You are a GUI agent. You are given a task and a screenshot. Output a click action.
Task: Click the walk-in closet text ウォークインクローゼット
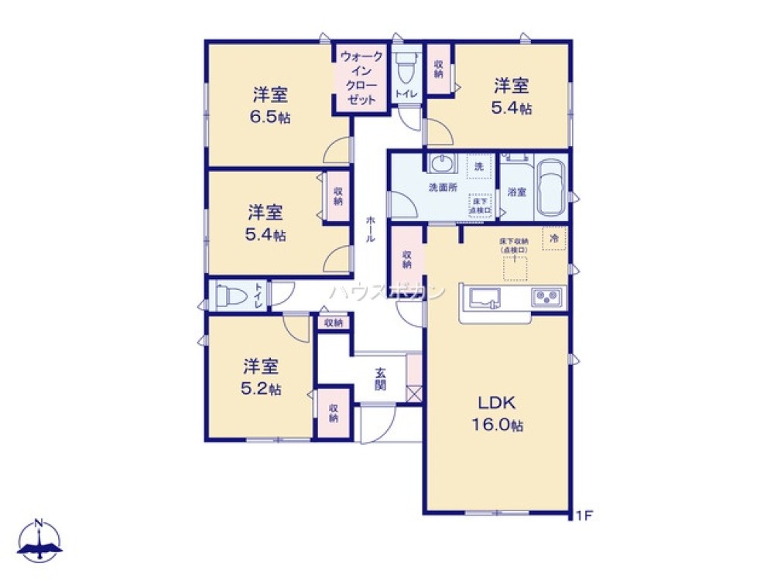tap(361, 78)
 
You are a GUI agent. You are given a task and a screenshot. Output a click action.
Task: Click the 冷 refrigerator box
tap(554, 239)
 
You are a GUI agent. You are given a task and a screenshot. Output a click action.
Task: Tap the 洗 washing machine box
tap(479, 166)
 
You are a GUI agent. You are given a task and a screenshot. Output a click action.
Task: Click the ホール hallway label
tap(371, 229)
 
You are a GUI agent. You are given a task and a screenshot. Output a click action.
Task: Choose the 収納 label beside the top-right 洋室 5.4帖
tap(439, 69)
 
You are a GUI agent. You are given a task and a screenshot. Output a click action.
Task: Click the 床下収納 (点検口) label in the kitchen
tap(513, 246)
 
